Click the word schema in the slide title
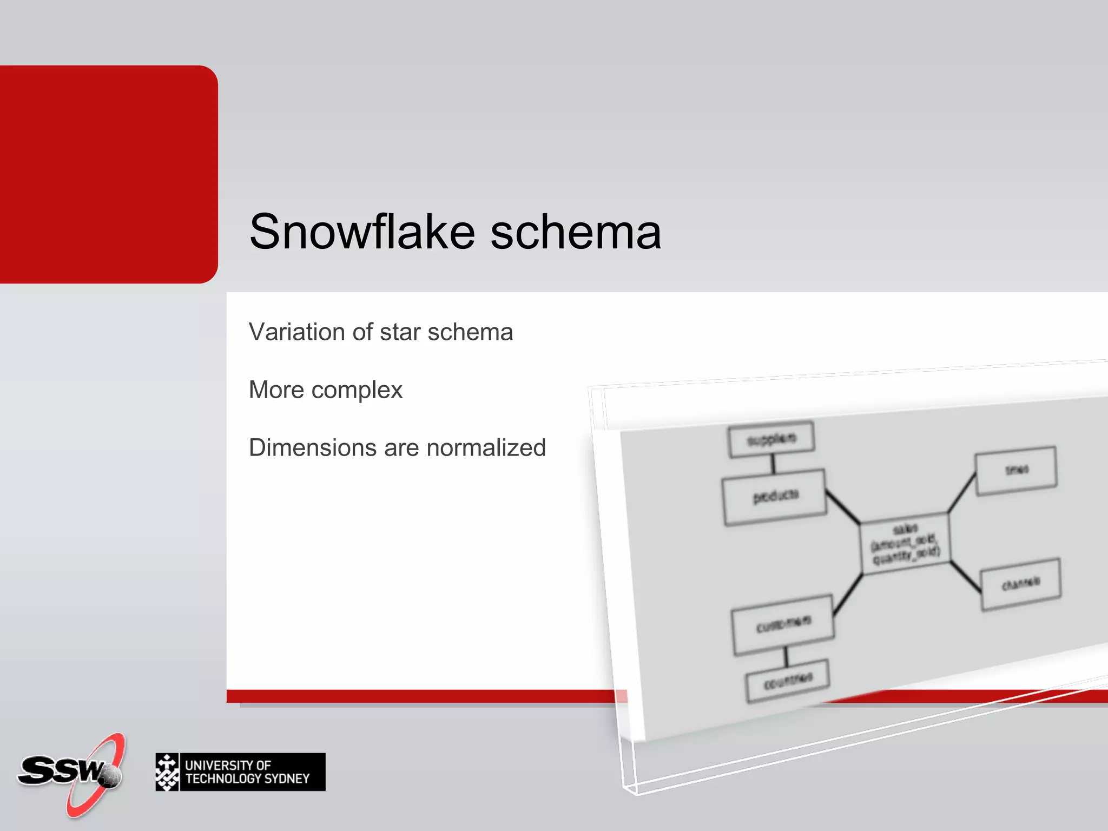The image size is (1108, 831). [x=576, y=233]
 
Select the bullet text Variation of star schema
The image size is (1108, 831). [x=380, y=332]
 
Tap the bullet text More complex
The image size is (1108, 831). [x=325, y=390]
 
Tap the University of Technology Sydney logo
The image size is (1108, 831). [x=240, y=772]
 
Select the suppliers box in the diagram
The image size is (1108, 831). [x=771, y=439]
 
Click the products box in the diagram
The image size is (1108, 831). [x=775, y=497]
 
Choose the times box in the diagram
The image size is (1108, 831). [x=1016, y=470]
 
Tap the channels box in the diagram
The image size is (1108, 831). [x=1020, y=584]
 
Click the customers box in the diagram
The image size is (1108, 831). [x=783, y=625]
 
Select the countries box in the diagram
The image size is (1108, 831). [x=787, y=680]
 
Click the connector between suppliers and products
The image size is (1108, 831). [x=773, y=464]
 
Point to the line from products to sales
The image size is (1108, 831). [x=842, y=507]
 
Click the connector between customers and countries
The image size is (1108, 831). [x=786, y=656]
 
